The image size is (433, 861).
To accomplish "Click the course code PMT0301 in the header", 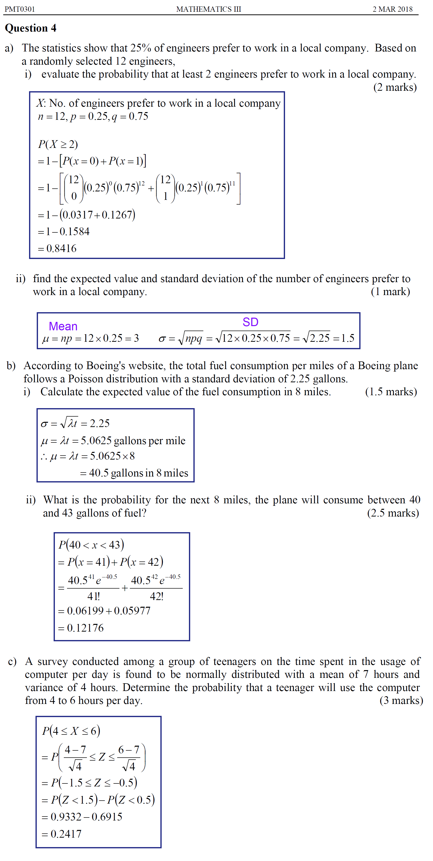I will [20, 9].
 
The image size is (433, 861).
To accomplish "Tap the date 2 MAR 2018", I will [392, 9].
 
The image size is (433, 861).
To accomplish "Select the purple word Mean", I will [63, 326].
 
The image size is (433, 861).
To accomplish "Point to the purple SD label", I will [250, 322].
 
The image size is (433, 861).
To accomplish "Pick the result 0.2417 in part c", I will [66, 834].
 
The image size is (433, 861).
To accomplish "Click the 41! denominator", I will [93, 596].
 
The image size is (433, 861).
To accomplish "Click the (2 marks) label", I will [395, 87].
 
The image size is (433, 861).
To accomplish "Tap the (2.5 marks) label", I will [393, 513].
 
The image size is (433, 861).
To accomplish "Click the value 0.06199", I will [85, 611].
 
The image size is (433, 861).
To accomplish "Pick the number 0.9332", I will [66, 817].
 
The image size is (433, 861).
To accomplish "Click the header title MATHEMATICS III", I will [208, 9].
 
